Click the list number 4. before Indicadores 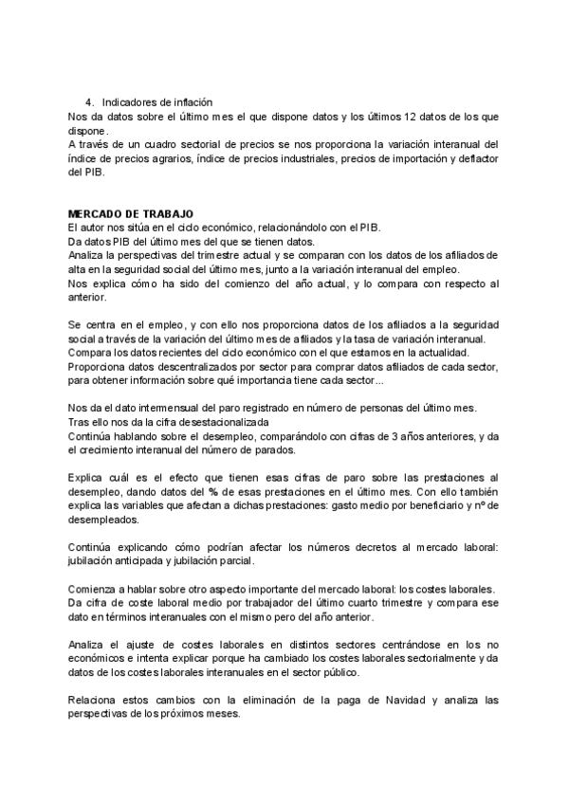90,102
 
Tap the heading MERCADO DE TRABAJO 132,215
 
